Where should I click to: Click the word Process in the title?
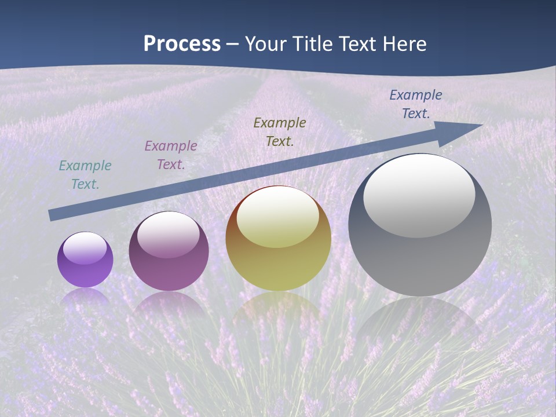point(182,44)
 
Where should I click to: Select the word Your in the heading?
point(265,44)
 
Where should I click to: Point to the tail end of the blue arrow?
point(51,215)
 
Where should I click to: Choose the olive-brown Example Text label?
point(280,132)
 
